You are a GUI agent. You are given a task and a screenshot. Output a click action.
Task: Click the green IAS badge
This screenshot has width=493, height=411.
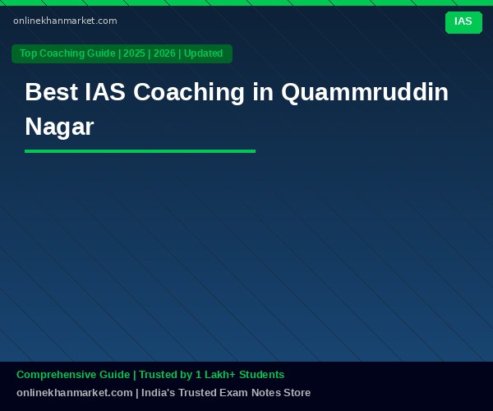(463, 22)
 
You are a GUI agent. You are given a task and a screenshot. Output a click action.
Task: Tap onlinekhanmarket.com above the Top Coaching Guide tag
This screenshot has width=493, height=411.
(65, 21)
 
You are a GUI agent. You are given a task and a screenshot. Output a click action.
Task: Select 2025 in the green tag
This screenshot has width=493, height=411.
(134, 53)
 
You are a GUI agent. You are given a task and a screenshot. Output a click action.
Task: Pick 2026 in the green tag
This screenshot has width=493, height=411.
(164, 53)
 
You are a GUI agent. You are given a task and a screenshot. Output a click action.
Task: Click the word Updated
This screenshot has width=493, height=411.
(203, 53)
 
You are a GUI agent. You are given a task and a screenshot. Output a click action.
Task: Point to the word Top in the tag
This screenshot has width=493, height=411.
(28, 53)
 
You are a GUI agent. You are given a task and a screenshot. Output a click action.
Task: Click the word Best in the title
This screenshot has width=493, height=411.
(51, 92)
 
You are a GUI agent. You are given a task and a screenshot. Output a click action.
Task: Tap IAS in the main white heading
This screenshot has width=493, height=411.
(105, 92)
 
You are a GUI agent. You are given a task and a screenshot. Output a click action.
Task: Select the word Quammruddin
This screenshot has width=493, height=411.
(365, 92)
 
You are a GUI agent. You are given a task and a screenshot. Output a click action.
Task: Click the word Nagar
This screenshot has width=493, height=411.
(59, 127)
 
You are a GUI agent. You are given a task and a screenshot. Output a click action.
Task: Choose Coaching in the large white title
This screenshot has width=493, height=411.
(189, 92)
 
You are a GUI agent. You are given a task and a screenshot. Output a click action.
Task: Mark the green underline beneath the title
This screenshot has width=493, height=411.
(140, 151)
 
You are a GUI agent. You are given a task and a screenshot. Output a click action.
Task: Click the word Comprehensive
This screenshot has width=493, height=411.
(73, 375)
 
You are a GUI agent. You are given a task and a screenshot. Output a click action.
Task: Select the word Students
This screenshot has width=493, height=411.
(261, 375)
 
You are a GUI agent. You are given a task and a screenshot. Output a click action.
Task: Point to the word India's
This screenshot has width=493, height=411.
(158, 392)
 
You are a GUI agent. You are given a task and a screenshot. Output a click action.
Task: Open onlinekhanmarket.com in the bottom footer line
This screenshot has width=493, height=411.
(75, 392)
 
